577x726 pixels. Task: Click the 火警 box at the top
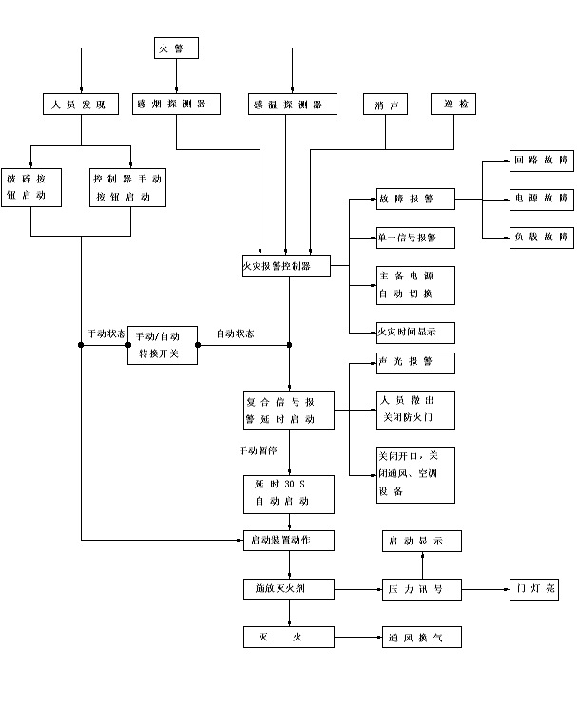[x=176, y=47]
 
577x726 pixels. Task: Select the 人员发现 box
[x=80, y=104]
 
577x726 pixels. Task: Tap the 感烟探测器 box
[x=177, y=104]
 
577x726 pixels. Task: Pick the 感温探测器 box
[x=289, y=104]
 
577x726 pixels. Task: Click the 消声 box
[x=386, y=105]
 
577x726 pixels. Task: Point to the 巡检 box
[x=453, y=104]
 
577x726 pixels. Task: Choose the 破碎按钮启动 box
[x=31, y=187]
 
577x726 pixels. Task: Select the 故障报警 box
[x=415, y=200]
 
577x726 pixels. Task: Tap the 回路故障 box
[x=542, y=162]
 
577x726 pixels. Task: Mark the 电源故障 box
[x=542, y=200]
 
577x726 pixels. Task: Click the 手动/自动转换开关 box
[x=163, y=345]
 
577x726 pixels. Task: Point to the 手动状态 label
[x=106, y=334]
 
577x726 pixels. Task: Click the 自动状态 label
[x=235, y=334]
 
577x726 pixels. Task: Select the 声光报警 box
[x=415, y=363]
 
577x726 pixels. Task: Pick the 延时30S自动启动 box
[x=288, y=493]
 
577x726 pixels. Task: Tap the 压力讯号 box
[x=421, y=590]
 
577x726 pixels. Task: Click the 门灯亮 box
[x=533, y=590]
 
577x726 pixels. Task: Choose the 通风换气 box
[x=421, y=637]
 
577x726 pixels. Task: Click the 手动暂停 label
[x=259, y=450]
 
